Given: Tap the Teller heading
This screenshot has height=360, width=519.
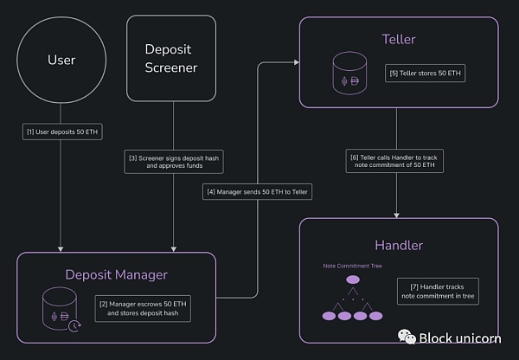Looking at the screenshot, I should point(399,39).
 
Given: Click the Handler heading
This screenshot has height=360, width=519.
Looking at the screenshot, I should point(399,245).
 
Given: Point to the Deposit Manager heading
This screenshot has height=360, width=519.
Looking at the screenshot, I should point(116,274).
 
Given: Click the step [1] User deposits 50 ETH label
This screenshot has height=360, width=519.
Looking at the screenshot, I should point(60,132).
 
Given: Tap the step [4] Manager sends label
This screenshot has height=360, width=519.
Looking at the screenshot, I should point(257,190).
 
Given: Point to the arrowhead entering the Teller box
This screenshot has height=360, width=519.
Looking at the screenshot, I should point(296,61).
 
